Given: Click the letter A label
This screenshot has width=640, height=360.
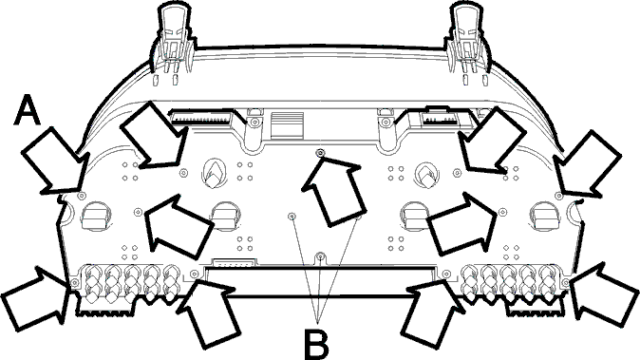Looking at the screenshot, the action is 28,109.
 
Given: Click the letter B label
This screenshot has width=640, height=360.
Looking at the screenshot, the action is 316,343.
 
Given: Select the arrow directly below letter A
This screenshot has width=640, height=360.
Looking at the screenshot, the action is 54,161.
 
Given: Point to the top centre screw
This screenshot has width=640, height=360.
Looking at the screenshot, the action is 321,153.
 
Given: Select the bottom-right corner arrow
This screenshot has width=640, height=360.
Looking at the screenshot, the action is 603,295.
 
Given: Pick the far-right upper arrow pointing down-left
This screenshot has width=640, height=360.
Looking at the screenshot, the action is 587,163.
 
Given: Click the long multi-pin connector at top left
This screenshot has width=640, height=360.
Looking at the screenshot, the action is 200,119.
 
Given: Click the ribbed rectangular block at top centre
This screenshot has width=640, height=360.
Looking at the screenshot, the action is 288,126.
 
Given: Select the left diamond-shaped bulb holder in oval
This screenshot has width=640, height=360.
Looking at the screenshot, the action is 214,174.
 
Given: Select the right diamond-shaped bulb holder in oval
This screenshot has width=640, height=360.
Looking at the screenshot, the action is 426,176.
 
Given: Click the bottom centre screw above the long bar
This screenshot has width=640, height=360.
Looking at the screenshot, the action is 321,256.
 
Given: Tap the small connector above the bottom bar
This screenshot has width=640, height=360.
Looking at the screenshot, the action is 235,262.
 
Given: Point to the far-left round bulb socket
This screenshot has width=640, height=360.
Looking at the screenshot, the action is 96,216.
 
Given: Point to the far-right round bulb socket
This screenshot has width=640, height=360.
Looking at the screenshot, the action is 544,216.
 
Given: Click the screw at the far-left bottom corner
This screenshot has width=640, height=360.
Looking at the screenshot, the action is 75,282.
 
